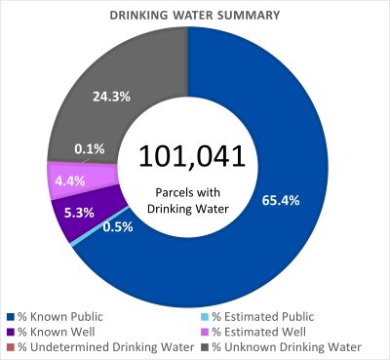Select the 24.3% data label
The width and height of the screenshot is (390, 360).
[108, 96]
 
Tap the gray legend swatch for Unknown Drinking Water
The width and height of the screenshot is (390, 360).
[204, 346]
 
